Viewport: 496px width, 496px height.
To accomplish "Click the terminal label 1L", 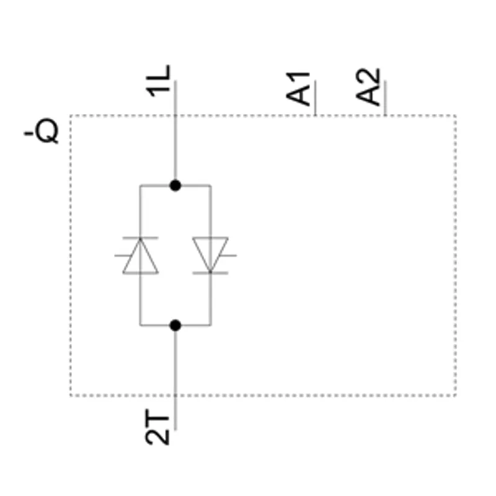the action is point(158,81).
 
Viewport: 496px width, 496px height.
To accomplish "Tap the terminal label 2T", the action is point(157,427).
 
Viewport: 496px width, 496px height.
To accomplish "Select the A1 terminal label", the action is point(298,89).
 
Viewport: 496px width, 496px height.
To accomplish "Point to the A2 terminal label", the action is point(368,87).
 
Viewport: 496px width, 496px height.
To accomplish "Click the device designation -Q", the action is point(42,131).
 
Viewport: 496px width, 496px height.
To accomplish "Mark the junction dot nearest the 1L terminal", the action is point(175,185).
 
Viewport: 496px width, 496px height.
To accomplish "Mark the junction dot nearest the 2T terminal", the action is point(175,325).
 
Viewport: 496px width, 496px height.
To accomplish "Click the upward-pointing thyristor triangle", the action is point(141,255).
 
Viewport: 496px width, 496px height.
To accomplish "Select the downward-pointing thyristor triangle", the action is point(210,255).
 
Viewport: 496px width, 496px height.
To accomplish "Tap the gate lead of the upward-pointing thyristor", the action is point(123,255).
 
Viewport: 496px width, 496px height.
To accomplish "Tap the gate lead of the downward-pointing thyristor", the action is point(228,255).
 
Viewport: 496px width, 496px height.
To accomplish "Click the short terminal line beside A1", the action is point(316,98).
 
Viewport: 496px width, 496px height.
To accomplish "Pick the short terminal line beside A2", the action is point(385,98).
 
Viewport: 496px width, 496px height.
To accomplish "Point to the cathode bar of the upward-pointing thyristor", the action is point(141,237).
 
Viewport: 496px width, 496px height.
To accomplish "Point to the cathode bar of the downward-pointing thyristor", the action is point(210,273).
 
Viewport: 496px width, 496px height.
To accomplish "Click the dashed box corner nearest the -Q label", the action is point(71,116).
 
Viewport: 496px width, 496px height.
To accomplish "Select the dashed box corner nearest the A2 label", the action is point(456,116).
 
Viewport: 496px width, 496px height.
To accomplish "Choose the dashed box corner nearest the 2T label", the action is point(71,396).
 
